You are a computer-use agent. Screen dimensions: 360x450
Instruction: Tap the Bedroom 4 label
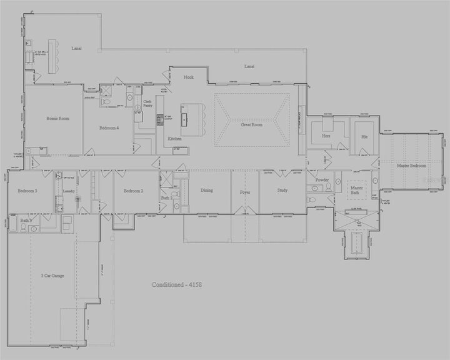[x=109, y=128]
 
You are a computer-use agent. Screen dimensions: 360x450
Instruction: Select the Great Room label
[x=252, y=124]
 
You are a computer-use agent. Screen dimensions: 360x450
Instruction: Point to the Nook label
[x=189, y=77]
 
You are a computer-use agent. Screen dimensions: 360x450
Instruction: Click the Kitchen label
[x=174, y=138]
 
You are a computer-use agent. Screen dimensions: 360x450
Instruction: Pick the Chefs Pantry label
[x=147, y=104]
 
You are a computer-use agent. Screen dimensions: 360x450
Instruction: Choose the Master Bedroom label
[x=411, y=166]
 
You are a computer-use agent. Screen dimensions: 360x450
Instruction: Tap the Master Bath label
[x=357, y=189]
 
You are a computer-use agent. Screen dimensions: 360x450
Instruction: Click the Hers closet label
[x=326, y=135]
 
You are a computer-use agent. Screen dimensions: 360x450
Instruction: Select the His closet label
[x=364, y=135]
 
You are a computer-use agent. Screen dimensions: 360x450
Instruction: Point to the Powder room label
[x=322, y=180]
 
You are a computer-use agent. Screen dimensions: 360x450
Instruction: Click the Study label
[x=282, y=190]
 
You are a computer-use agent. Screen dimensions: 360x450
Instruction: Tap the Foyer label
[x=245, y=192]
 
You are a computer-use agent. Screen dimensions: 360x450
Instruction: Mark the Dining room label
[x=207, y=190]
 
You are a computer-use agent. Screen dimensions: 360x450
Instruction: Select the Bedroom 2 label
[x=134, y=191]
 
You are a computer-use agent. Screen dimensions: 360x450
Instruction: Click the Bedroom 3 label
[x=28, y=191]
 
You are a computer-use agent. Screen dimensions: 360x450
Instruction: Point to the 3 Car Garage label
[x=53, y=275]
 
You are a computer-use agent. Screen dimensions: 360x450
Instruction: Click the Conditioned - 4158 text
[x=176, y=284]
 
